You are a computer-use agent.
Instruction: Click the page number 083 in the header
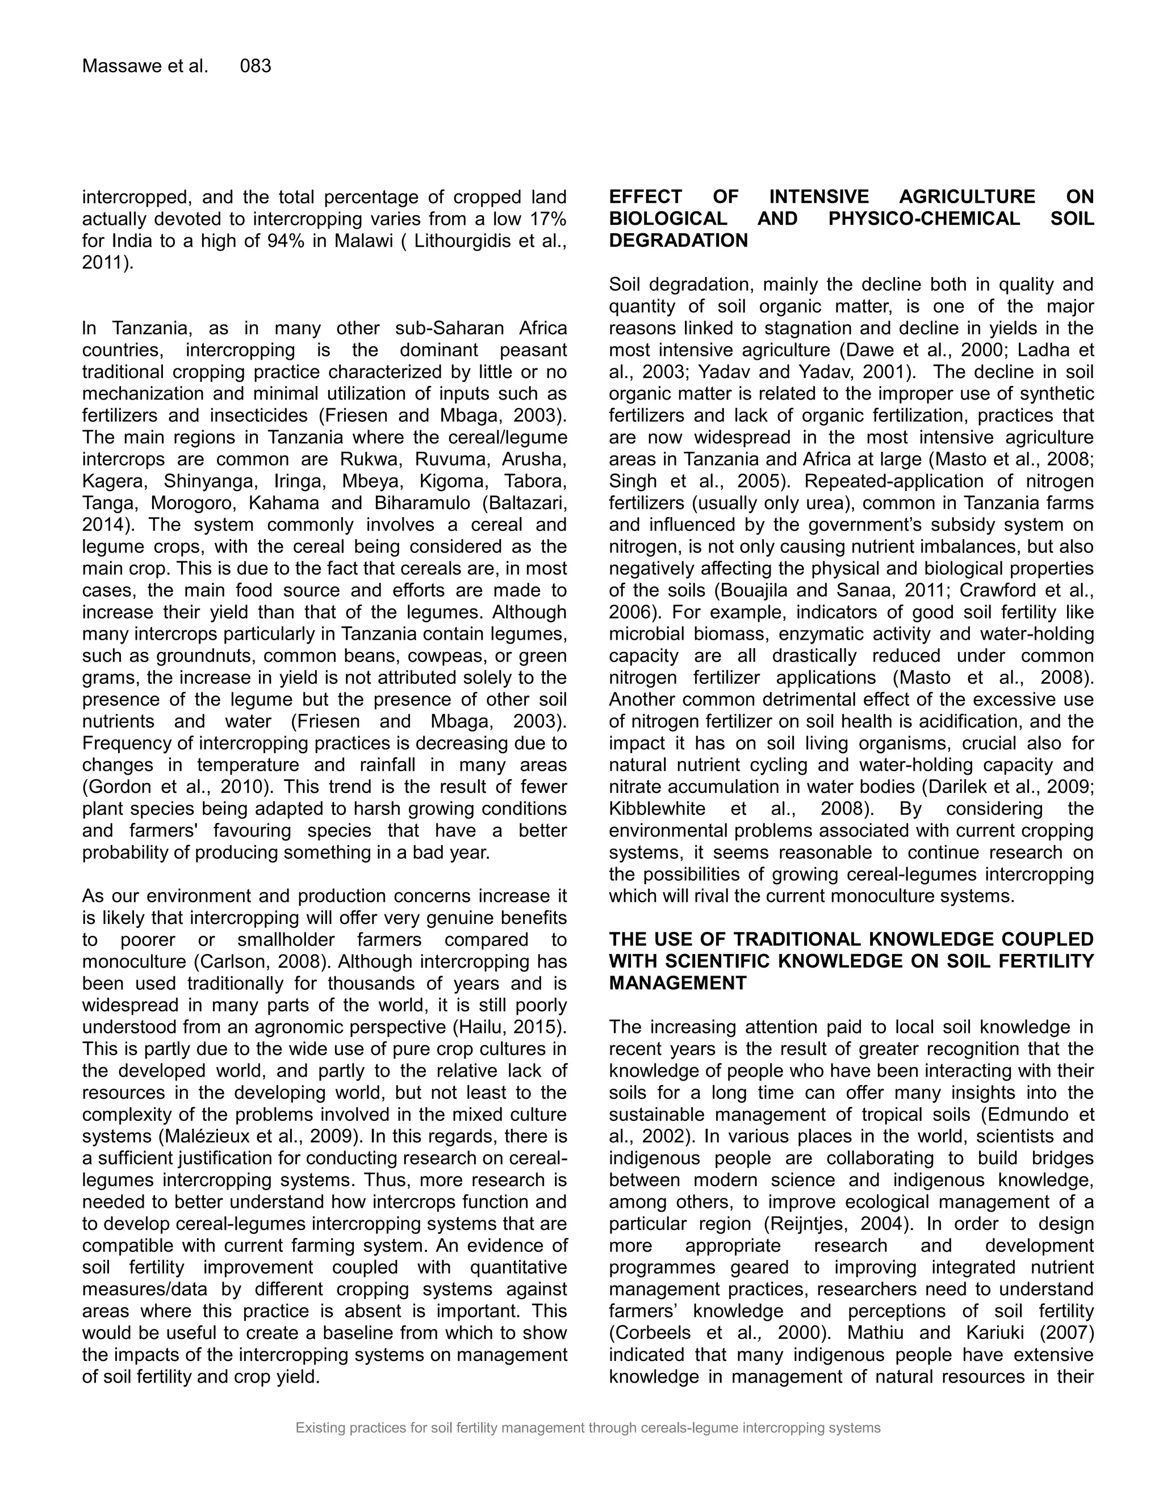255,66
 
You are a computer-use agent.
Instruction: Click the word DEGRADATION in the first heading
678,241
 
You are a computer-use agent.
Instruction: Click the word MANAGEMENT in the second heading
677,984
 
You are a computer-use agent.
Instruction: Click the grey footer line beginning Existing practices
588,1429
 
